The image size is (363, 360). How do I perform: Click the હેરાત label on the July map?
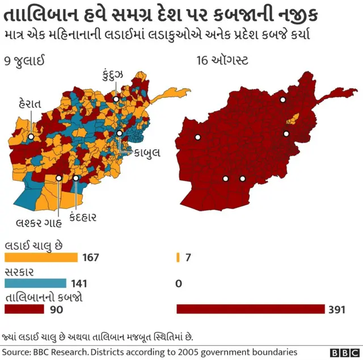(x=29, y=103)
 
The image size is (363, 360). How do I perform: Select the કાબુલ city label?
(x=147, y=152)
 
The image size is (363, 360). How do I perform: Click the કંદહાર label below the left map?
(x=83, y=217)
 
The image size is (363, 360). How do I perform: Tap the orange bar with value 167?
(x=41, y=257)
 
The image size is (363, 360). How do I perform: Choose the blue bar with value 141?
(x=35, y=283)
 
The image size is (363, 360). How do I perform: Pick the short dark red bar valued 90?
(x=24, y=309)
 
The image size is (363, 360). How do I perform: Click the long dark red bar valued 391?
(x=250, y=309)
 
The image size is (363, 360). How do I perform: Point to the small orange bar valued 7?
(x=178, y=257)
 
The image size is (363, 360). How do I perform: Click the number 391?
(x=336, y=309)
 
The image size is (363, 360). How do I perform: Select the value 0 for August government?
(x=179, y=283)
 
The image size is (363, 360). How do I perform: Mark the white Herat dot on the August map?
(x=198, y=137)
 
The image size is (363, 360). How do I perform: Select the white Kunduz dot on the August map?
(x=282, y=100)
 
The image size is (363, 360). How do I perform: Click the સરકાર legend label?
(x=19, y=271)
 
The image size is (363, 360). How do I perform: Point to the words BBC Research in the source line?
(x=61, y=352)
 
